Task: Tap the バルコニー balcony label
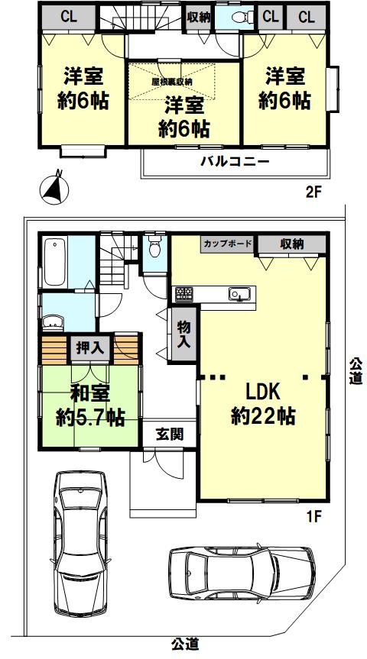pyautogui.click(x=235, y=162)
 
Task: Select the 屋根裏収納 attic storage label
pyautogui.click(x=172, y=82)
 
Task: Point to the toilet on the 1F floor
pyautogui.click(x=155, y=247)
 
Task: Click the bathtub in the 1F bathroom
pyautogui.click(x=55, y=262)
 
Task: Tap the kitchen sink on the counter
pyautogui.click(x=240, y=294)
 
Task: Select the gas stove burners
pyautogui.click(x=184, y=294)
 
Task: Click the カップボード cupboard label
pyautogui.click(x=228, y=244)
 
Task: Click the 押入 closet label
pyautogui.click(x=89, y=347)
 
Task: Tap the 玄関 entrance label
pyautogui.click(x=170, y=434)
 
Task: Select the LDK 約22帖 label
pyautogui.click(x=263, y=404)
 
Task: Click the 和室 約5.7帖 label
pyautogui.click(x=90, y=406)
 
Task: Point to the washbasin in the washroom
pyautogui.click(x=54, y=324)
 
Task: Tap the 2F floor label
pyautogui.click(x=313, y=193)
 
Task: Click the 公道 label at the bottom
pyautogui.click(x=185, y=644)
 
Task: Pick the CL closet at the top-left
pyautogui.click(x=68, y=18)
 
